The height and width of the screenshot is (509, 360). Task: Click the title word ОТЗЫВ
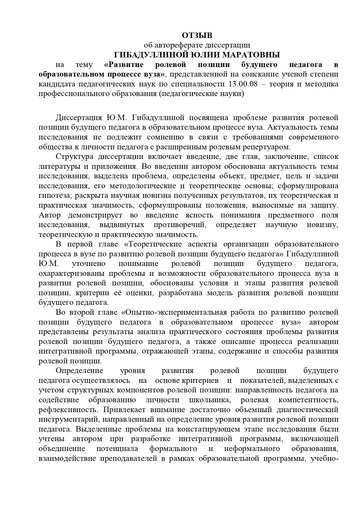(x=197, y=35)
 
